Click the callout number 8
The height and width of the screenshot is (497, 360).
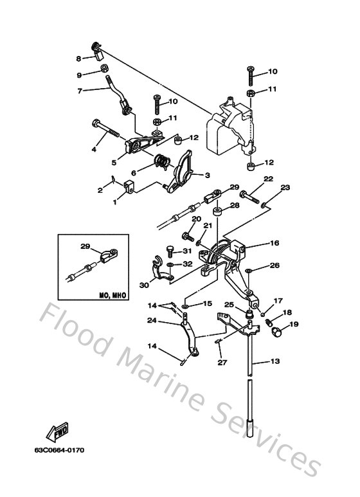coord(79,58)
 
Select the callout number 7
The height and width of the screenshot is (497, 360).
coord(80,91)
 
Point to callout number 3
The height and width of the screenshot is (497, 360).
coord(208,175)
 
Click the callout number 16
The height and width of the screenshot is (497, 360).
coord(274,244)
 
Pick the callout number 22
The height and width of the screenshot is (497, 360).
coord(268,179)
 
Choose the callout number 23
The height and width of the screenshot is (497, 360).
coord(285,188)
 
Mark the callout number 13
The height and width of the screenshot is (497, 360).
coord(274,362)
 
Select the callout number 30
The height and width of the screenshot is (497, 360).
coord(144,285)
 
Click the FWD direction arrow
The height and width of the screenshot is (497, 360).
coord(59,428)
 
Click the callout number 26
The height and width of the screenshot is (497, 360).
coord(274,265)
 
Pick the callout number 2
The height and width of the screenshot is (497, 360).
coord(100,190)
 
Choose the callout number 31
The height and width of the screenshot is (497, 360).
coord(187,251)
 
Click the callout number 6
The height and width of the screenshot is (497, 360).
coord(134,172)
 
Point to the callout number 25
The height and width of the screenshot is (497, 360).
coord(228,304)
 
